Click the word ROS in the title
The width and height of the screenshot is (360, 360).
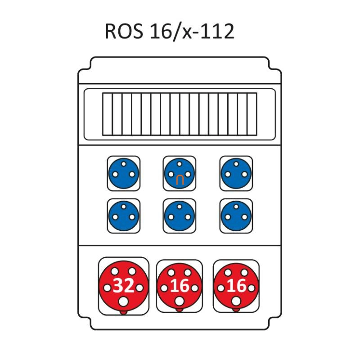click(x=124, y=32)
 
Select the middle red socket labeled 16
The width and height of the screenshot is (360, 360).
click(x=179, y=286)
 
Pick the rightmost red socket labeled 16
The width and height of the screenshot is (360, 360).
click(x=236, y=286)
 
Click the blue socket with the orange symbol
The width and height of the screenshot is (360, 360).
click(x=179, y=173)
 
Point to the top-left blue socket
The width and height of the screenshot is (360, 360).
click(x=123, y=173)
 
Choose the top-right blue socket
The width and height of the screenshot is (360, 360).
click(x=236, y=173)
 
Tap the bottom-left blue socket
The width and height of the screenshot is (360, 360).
click(x=123, y=216)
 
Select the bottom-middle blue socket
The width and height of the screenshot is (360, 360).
click(x=179, y=216)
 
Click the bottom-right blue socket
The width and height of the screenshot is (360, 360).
click(x=236, y=216)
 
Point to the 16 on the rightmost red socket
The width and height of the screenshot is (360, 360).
click(x=236, y=286)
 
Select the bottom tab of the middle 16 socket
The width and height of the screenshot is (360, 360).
click(x=179, y=310)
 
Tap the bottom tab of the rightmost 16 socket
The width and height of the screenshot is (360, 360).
click(x=236, y=310)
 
